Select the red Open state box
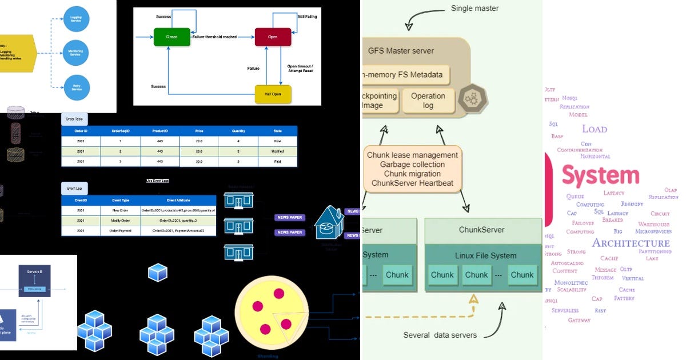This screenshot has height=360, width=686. [x=273, y=37]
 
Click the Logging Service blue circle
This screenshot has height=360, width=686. [x=76, y=19]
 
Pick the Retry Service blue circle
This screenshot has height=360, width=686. [x=76, y=87]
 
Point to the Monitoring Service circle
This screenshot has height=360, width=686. [x=76, y=53]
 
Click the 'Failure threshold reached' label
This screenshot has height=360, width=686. [x=214, y=37]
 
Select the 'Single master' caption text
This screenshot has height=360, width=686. [x=474, y=8]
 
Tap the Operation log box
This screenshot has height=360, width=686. [x=428, y=101]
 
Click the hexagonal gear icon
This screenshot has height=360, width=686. [x=473, y=98]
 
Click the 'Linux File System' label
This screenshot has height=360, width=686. [x=485, y=255]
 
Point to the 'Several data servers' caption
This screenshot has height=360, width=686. [x=440, y=335]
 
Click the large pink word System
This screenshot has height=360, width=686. [x=600, y=175]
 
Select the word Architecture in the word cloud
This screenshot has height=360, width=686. [x=631, y=243]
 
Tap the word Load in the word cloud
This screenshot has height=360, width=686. [x=595, y=129]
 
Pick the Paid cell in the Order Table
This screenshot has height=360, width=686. [x=277, y=162]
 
